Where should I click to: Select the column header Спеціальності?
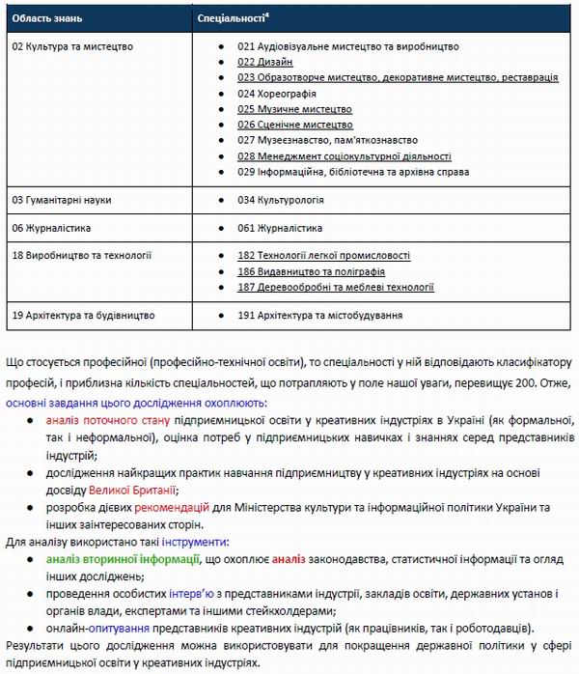click(232, 18)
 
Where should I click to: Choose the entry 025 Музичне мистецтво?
click(294, 109)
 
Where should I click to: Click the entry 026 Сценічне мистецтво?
click(294, 125)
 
